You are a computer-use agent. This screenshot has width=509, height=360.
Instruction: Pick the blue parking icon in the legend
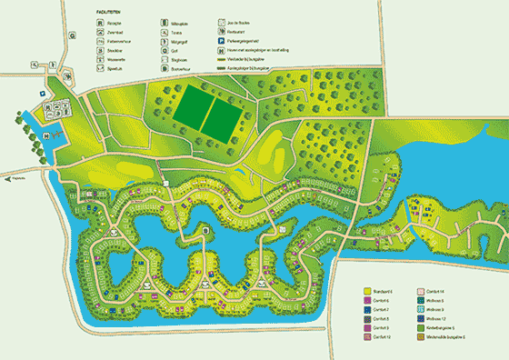(221, 41)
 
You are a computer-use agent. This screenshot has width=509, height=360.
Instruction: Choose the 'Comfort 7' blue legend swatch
(365, 309)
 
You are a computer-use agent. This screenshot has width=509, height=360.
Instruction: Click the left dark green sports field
(190, 115)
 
